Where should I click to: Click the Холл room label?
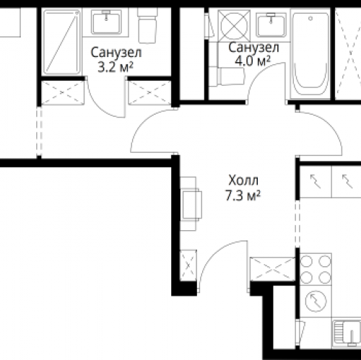point(243,180)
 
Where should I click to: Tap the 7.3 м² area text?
point(243,196)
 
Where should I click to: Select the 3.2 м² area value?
point(116,67)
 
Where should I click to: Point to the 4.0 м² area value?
point(253,61)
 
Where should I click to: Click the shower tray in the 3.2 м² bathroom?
point(61,42)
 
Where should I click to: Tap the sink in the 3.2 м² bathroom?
point(105,23)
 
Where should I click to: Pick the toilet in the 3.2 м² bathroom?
point(147,26)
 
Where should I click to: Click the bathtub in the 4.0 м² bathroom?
point(310,54)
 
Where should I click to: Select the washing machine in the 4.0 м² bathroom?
point(234,25)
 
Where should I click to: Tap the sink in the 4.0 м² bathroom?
point(271,25)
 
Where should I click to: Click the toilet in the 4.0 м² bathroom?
point(227,76)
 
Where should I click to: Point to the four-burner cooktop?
point(316,269)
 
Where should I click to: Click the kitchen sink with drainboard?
point(347,334)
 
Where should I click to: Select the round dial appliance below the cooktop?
point(316,301)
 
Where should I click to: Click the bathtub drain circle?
point(310,18)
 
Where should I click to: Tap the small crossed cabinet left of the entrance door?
point(188,265)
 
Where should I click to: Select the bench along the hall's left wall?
point(191,204)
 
